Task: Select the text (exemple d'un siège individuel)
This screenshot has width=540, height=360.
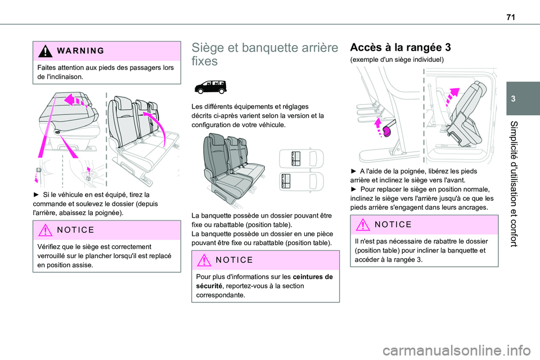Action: click(388, 59)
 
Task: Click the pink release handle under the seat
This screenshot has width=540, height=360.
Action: click(386, 132)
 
